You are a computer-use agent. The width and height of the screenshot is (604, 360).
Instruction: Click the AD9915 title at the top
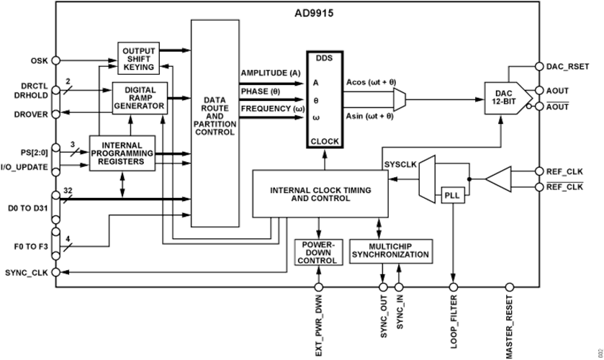pos(315,13)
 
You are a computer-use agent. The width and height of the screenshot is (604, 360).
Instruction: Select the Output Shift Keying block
pos(139,58)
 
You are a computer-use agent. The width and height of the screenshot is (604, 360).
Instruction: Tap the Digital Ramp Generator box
pos(140,98)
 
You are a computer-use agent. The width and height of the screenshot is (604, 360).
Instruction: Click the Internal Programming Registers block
pos(122,153)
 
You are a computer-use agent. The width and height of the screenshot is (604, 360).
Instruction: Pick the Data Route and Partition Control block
pos(215,123)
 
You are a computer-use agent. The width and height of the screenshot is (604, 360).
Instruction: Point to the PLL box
pos(453,195)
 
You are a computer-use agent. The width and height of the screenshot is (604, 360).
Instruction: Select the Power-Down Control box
pos(319,252)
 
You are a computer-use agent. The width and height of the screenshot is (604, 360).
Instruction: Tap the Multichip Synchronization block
pos(391,251)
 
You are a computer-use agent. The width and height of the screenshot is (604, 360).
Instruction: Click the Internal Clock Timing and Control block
pos(320,194)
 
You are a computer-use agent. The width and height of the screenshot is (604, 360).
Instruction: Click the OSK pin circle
pos(56,60)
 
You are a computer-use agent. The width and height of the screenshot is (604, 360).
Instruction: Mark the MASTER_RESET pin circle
pos(510,287)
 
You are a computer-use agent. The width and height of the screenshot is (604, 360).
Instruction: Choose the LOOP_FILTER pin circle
pos(454,287)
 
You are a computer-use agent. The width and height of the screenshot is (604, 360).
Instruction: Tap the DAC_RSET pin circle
pos(539,66)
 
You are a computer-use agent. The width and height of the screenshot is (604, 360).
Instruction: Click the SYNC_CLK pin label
pos(27,273)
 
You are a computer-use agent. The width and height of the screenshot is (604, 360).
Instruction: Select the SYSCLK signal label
pos(400,165)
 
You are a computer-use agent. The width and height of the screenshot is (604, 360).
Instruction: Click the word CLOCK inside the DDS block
pos(325,141)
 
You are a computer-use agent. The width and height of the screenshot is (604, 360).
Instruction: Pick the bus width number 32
pos(68,190)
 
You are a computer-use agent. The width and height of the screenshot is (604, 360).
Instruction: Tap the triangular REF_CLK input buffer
pos(498,179)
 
